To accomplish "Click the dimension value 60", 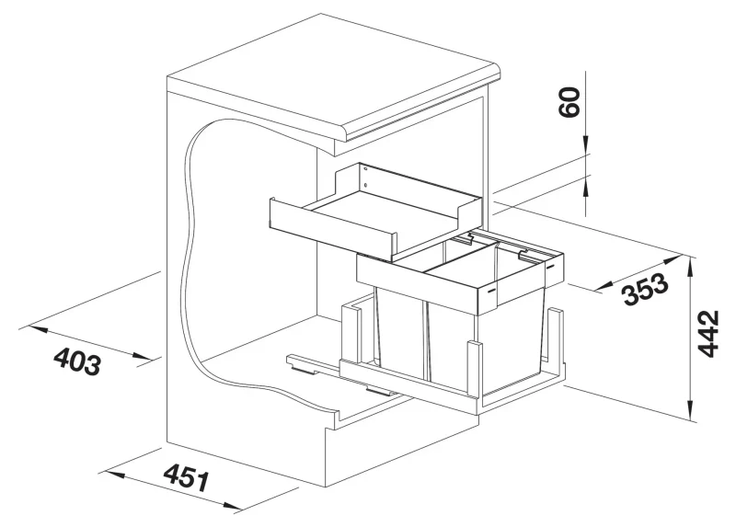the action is [x=569, y=102].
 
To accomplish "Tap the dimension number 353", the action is [x=644, y=289].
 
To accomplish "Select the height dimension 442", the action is [x=708, y=334].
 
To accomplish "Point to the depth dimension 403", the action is [x=77, y=361].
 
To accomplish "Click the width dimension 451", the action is [x=187, y=477].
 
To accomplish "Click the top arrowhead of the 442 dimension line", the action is [x=689, y=265].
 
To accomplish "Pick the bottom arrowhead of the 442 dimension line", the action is [x=689, y=409].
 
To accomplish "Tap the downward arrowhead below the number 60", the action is [x=586, y=145].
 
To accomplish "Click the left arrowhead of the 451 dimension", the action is [x=114, y=474].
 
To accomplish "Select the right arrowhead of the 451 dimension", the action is [x=233, y=506].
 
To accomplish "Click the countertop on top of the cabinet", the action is [x=333, y=75].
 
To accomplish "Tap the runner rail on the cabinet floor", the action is [x=342, y=375].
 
